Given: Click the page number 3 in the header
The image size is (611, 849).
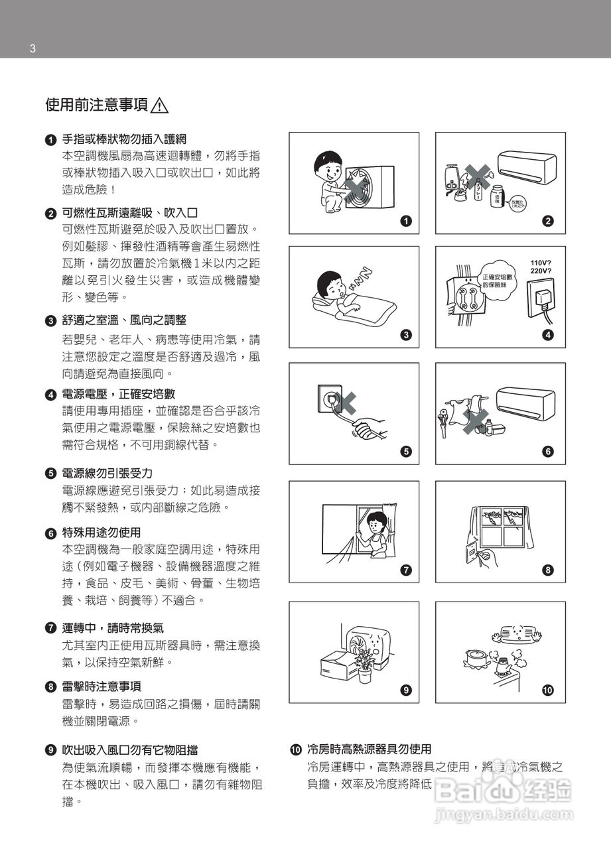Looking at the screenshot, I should coord(32,48).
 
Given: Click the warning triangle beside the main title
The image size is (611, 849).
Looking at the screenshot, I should coord(160,105).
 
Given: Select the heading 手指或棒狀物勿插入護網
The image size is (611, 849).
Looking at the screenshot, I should coord(124,139).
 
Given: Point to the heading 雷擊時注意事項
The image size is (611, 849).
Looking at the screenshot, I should coord(102,686).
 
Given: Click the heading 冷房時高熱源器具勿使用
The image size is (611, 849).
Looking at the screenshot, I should coord(369,749).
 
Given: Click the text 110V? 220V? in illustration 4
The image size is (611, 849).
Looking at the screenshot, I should coord(541,267).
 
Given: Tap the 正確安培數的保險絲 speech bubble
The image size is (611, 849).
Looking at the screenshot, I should coord(496,280).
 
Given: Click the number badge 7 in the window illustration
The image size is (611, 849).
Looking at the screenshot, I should coord(406,570).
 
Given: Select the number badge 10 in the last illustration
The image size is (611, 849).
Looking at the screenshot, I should coord(547,690).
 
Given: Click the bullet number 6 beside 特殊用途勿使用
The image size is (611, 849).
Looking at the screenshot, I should coord(50,533).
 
